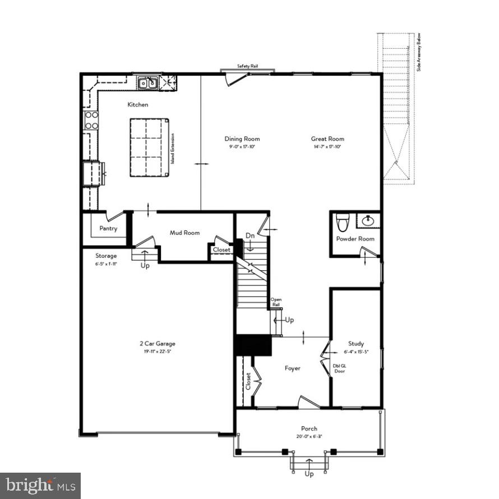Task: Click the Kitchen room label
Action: [138, 105]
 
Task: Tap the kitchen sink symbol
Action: [148, 84]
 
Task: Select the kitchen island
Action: [149, 147]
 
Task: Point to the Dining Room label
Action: [242, 139]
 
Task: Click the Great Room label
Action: [328, 139]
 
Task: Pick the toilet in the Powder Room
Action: [341, 223]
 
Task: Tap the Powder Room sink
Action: [368, 221]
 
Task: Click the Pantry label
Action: [108, 228]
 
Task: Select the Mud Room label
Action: [184, 233]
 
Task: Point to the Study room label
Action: [356, 344]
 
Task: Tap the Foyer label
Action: [292, 368]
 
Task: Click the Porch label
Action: [309, 429]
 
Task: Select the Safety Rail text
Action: [247, 66]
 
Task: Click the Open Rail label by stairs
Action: [276, 302]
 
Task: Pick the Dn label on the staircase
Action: [250, 235]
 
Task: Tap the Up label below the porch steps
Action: [309, 474]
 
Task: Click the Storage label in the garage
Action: [106, 256]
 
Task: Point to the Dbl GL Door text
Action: [340, 368]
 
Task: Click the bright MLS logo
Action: [40, 485]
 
